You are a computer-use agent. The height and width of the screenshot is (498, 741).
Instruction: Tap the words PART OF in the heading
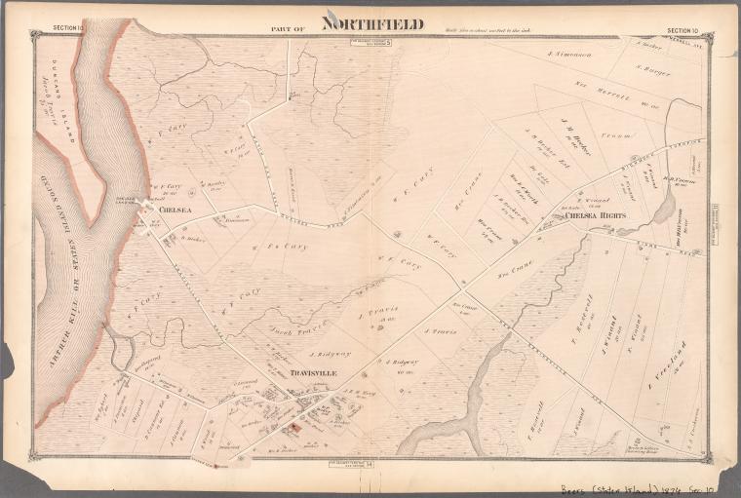[289, 29]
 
